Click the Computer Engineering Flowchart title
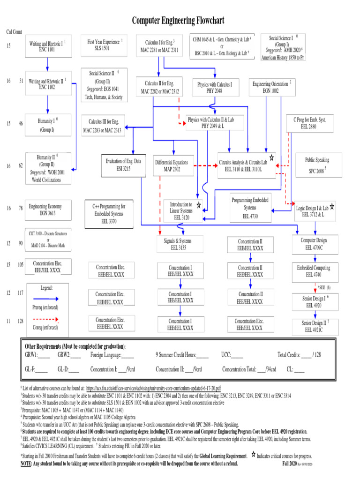pyautogui.click(x=178, y=21)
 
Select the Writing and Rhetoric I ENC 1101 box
pyautogui.click(x=47, y=45)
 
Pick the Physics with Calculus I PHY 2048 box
pyautogui.click(x=214, y=88)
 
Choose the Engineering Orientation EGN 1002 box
pyautogui.click(x=270, y=88)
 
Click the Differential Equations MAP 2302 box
pyautogui.click(x=172, y=166)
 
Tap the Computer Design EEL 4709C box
pyautogui.click(x=314, y=244)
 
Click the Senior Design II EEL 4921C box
pyautogui.click(x=314, y=326)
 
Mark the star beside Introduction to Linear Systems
pyautogui.click(x=199, y=205)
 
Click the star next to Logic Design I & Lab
pyautogui.click(x=332, y=206)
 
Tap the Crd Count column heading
pyautogui.click(x=14, y=32)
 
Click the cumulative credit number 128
pyautogui.click(x=21, y=321)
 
